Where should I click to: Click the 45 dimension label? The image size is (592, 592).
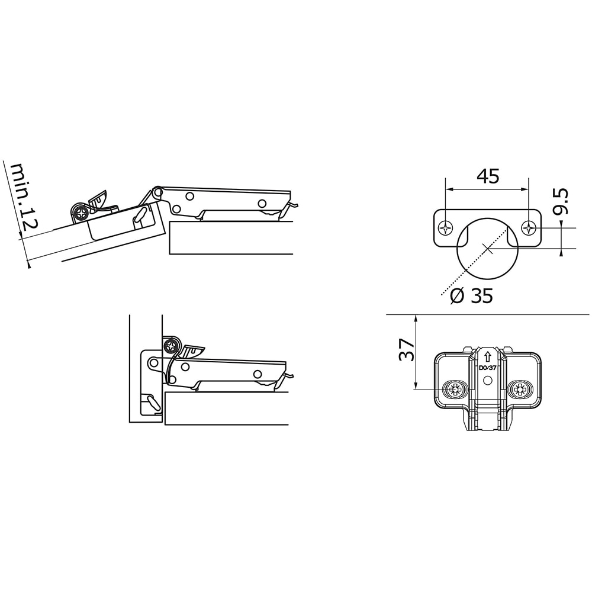[488, 176]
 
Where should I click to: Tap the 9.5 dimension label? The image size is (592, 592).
[560, 202]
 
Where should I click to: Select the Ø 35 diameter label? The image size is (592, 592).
[472, 295]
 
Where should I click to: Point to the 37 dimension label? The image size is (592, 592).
[407, 350]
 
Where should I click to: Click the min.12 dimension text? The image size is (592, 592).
[24, 197]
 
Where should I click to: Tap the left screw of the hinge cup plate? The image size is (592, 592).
[446, 228]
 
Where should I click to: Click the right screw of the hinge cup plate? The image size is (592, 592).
[529, 228]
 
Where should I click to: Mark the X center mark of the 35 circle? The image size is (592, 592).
[487, 249]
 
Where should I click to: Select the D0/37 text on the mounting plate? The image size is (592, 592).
[487, 368]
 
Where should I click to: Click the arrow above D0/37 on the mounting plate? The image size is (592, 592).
[487, 356]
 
